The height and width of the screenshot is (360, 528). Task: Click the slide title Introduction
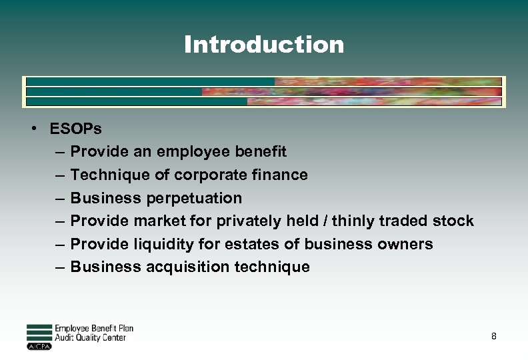tap(264, 45)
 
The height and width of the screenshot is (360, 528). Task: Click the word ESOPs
tap(76, 129)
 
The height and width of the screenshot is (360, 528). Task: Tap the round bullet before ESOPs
tap(33, 129)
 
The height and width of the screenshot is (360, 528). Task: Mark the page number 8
tap(493, 337)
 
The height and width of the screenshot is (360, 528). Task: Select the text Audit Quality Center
tap(90, 338)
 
